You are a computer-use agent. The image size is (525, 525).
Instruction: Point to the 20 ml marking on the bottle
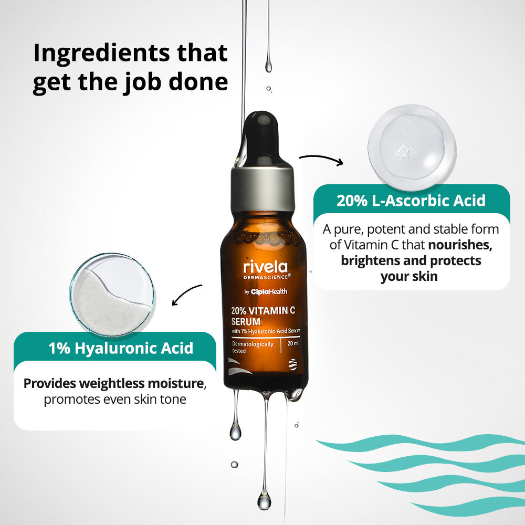pyautogui.click(x=293, y=344)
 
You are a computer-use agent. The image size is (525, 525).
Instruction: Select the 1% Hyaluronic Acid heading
pyautogui.click(x=121, y=348)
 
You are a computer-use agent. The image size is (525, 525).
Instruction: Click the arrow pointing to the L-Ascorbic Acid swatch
pyautogui.click(x=321, y=158)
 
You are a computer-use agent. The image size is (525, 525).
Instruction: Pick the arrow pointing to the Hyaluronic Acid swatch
pyautogui.click(x=187, y=293)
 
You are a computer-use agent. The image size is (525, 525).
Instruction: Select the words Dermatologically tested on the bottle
pyautogui.click(x=253, y=347)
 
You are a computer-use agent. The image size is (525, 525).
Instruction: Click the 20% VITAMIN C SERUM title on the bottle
pyautogui.click(x=262, y=315)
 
